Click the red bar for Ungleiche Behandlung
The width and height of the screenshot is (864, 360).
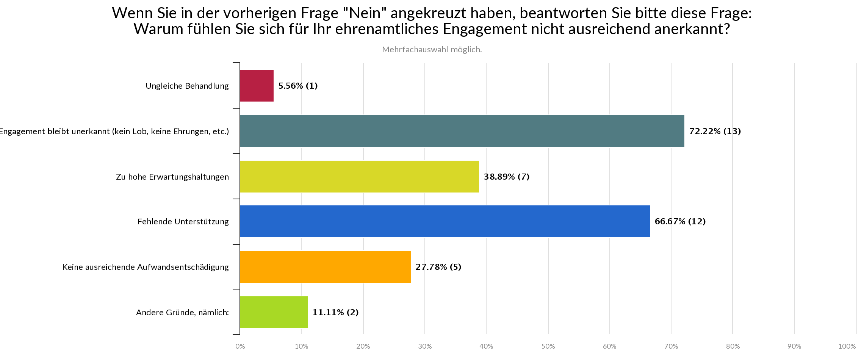[x=257, y=86]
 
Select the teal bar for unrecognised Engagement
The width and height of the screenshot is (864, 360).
[x=462, y=131]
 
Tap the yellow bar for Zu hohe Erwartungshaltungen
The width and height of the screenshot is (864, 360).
[x=359, y=177]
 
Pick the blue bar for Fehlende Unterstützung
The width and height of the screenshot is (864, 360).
[x=445, y=221]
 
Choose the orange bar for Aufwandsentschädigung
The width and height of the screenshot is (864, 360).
[x=325, y=267]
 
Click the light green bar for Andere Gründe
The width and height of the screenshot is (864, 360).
[x=274, y=312]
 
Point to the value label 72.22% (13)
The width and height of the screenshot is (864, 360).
[x=715, y=131]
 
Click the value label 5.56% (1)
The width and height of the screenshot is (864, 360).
[x=298, y=86]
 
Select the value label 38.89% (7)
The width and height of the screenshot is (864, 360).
[x=506, y=177]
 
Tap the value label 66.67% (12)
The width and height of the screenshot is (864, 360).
[x=680, y=221]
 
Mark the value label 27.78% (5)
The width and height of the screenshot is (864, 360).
[x=438, y=267]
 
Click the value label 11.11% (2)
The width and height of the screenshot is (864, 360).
[x=335, y=312]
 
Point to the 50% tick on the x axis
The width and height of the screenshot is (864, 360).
[x=548, y=346]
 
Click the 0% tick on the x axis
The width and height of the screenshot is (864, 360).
[x=240, y=346]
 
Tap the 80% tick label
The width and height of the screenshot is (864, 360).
[x=733, y=346]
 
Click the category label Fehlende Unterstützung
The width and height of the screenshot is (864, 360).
[x=183, y=222]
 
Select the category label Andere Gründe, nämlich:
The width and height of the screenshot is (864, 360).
[x=182, y=313]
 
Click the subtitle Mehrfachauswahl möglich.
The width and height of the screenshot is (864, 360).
[x=432, y=50]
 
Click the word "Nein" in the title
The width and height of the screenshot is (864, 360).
[x=364, y=14]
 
